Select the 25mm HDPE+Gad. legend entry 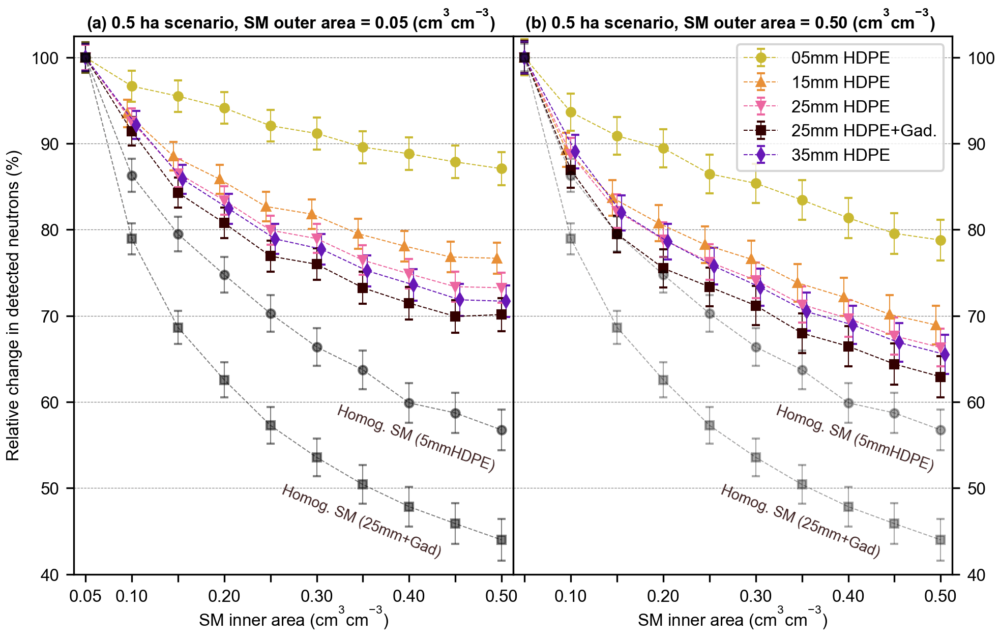pos(863,131)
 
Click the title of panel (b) pos(730,23)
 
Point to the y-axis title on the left pos(13,305)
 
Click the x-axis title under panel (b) pos(732,619)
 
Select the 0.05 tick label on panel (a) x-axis pos(85,596)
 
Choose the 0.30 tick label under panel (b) pos(756,596)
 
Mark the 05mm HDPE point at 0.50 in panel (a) pos(502,168)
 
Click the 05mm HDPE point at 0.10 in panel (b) pos(571,112)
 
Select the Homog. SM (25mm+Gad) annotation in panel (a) pos(361,521)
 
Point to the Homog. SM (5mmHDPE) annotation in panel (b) pos(855,438)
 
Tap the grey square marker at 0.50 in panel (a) pos(502,540)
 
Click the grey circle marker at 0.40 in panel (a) pos(409,403)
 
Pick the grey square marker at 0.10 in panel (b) pos(571,239)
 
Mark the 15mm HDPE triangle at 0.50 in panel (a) pos(497,258)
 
